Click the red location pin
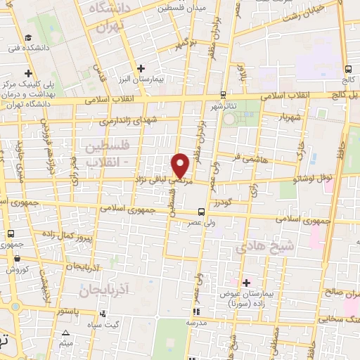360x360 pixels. (181, 165)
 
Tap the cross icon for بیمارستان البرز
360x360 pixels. (141, 68)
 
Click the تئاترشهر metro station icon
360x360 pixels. (224, 94)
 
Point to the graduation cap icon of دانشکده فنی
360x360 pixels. (27, 37)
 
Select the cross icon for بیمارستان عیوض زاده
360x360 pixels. (245, 282)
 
